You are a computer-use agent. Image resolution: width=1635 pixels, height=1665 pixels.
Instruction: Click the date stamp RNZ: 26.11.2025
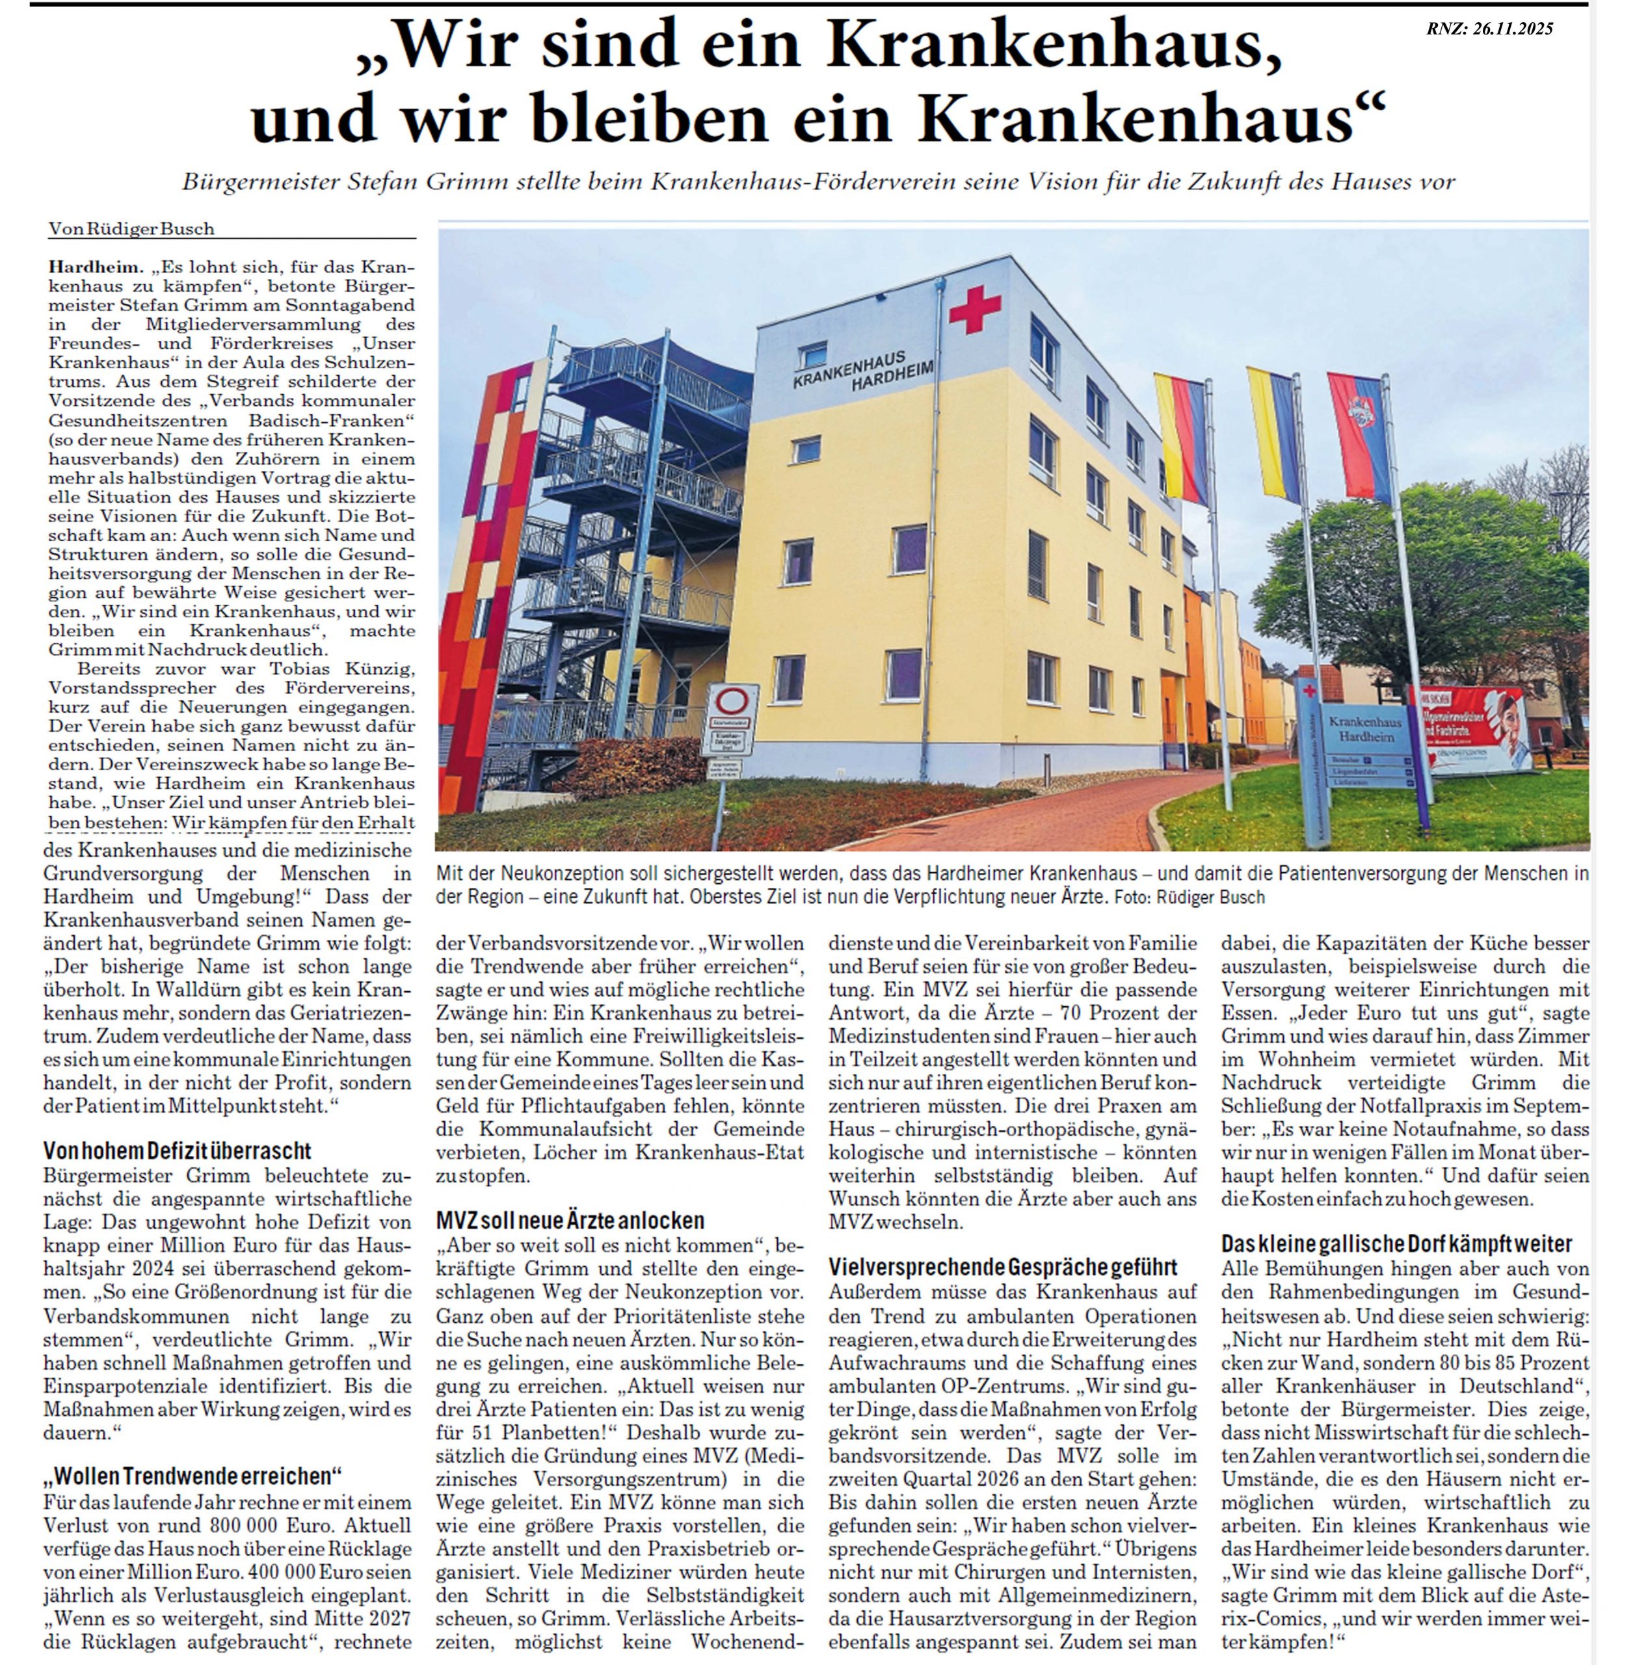click(1489, 29)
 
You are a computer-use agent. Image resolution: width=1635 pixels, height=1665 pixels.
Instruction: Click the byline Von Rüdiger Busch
click(131, 228)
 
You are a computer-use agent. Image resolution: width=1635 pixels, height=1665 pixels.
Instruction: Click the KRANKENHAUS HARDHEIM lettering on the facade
click(863, 372)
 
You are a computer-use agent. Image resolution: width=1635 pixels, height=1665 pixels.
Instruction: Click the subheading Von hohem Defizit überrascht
click(177, 1151)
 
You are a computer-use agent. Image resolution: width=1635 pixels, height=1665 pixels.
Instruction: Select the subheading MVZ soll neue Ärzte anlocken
click(569, 1220)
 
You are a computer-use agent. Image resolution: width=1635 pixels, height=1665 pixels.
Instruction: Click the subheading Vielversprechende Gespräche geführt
click(1002, 1266)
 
